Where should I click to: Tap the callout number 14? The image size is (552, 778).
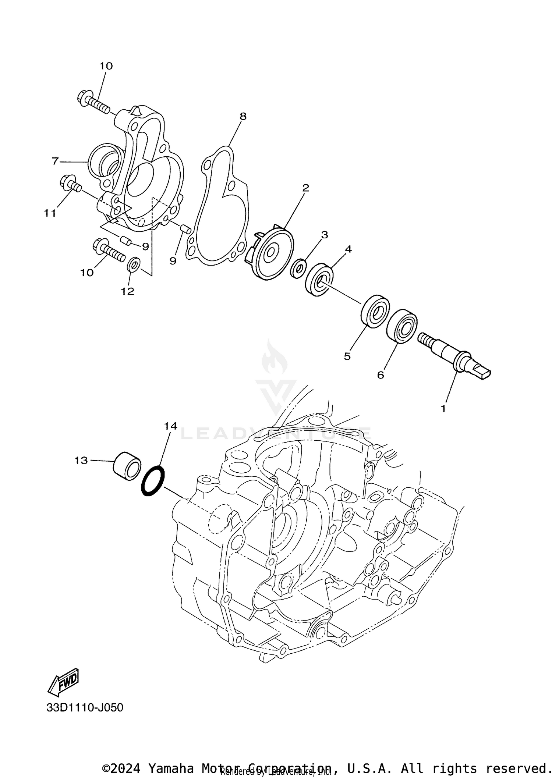[x=170, y=426]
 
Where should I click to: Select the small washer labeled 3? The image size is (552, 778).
[x=298, y=269]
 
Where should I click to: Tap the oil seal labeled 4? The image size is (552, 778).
[x=319, y=279]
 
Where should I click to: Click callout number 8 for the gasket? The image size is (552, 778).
[x=243, y=117]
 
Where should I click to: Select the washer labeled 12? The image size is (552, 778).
[x=133, y=265]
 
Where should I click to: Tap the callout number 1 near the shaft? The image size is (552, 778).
[x=443, y=408]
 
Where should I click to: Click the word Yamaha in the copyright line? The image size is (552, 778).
[x=170, y=768]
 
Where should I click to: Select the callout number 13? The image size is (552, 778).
[x=81, y=460]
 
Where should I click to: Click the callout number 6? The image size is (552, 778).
[x=381, y=375]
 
